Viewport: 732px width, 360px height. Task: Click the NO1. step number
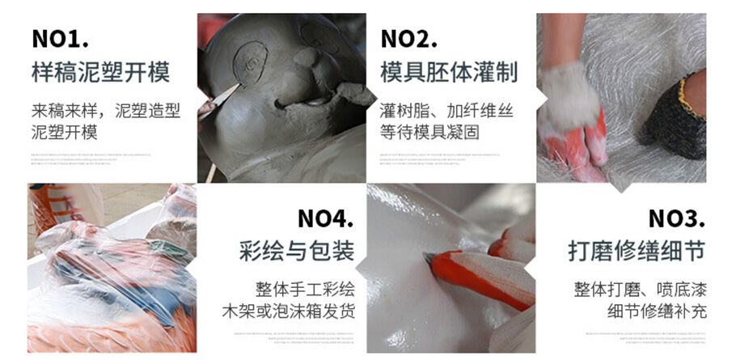60,38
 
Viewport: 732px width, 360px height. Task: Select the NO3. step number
676,219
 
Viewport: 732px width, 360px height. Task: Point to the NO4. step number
326,219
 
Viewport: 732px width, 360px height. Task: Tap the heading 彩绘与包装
297,251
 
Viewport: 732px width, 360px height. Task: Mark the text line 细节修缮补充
656,311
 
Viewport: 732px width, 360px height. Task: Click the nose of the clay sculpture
306,59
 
